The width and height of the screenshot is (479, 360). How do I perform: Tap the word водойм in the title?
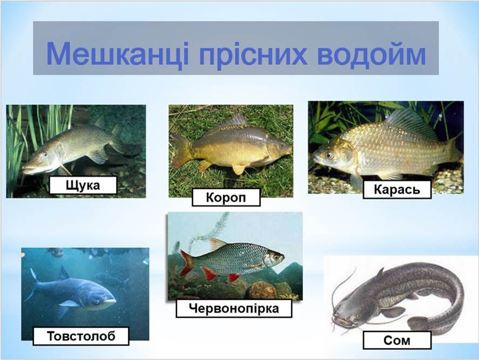coord(372,54)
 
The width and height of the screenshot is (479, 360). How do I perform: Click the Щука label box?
coord(83,185)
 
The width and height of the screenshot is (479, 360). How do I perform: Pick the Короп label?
coord(226,197)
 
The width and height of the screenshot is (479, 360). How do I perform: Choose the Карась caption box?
coord(397,189)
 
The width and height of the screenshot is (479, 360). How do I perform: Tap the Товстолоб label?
coord(81,336)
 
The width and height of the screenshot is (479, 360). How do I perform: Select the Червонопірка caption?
coord(234,308)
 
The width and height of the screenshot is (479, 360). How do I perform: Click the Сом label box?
coord(397,341)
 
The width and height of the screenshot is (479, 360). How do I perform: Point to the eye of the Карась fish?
coord(329,155)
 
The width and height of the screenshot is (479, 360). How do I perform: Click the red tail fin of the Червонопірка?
coord(186,263)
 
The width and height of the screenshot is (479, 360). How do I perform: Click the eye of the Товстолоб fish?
coord(97,301)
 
